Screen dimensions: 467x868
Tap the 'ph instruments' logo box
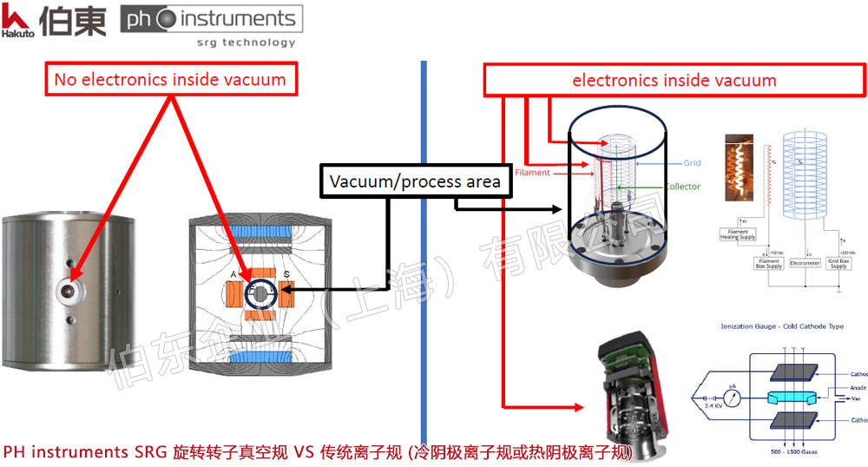(211, 25)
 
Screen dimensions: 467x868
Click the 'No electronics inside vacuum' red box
(170, 81)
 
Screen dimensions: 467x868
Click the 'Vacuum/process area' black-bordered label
(414, 181)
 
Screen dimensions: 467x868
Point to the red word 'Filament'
(532, 173)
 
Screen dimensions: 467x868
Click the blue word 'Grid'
(692, 162)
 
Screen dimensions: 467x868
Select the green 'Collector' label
(682, 187)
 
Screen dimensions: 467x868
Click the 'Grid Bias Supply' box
(838, 263)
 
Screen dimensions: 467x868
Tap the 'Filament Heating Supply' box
(738, 233)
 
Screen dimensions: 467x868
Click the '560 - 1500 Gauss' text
(786, 453)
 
